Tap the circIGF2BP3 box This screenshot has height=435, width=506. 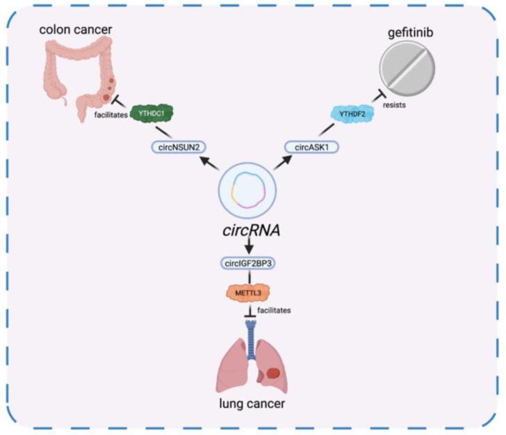pos(248,264)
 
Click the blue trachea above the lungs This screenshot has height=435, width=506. pos(248,334)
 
